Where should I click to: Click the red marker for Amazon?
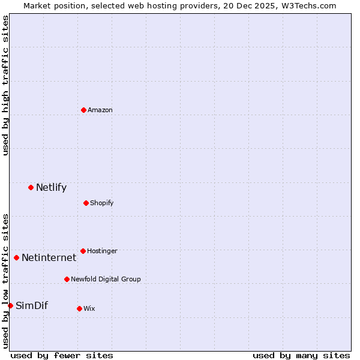pyautogui.click(x=83, y=110)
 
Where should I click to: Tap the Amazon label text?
pyautogui.click(x=100, y=110)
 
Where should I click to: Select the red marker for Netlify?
pyautogui.click(x=31, y=187)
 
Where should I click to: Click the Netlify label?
pyautogui.click(x=51, y=188)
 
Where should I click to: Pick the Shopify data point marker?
pyautogui.click(x=86, y=203)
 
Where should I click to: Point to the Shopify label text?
pyautogui.click(x=102, y=203)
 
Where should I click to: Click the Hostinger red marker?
pyautogui.click(x=83, y=251)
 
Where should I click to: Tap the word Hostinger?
pyautogui.click(x=102, y=251)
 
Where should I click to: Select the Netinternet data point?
pyautogui.click(x=16, y=257)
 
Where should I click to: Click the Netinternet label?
pyautogui.click(x=49, y=258)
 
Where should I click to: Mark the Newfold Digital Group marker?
pyautogui.click(x=67, y=279)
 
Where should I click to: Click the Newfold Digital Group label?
pyautogui.click(x=106, y=280)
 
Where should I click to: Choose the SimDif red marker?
pyautogui.click(x=10, y=305)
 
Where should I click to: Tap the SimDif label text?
pyautogui.click(x=31, y=306)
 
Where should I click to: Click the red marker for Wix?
pyautogui.click(x=79, y=308)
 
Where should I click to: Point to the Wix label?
pyautogui.click(x=89, y=309)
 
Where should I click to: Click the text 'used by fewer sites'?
pyautogui.click(x=62, y=356)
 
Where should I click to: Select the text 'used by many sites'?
pyautogui.click(x=301, y=356)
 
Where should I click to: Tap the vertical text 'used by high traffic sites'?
pyautogui.click(x=5, y=85)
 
